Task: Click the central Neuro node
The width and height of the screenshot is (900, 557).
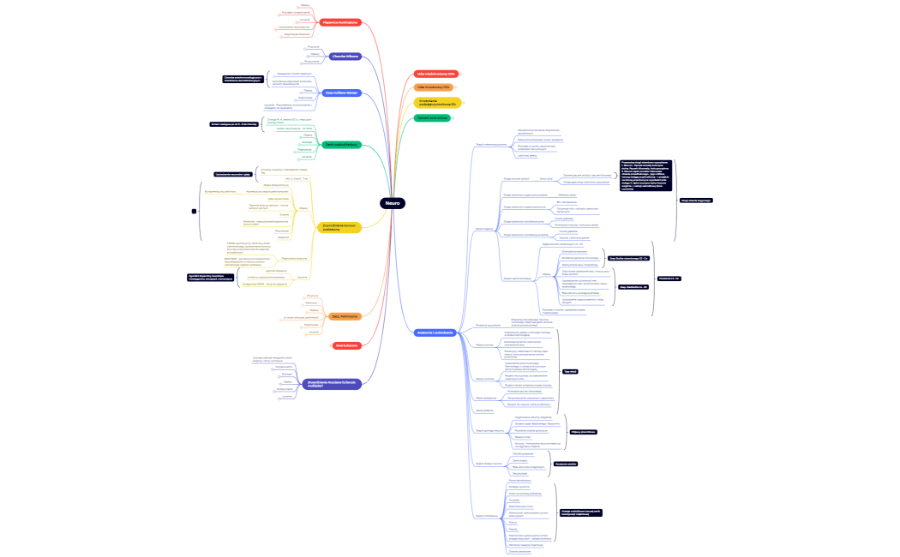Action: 393,203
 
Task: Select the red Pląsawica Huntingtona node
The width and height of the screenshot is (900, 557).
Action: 341,22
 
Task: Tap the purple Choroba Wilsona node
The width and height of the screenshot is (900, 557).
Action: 345,57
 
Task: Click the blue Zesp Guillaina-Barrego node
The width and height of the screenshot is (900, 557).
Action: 341,93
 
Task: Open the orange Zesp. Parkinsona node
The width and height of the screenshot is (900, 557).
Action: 343,316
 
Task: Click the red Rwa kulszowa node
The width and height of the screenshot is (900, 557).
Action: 345,345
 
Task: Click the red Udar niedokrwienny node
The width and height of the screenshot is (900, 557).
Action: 435,74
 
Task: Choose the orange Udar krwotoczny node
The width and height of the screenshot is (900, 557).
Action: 434,87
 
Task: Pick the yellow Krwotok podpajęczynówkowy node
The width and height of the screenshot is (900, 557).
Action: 437,103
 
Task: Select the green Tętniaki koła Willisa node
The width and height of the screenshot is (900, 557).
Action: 433,117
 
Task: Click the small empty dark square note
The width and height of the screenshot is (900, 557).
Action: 194,211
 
